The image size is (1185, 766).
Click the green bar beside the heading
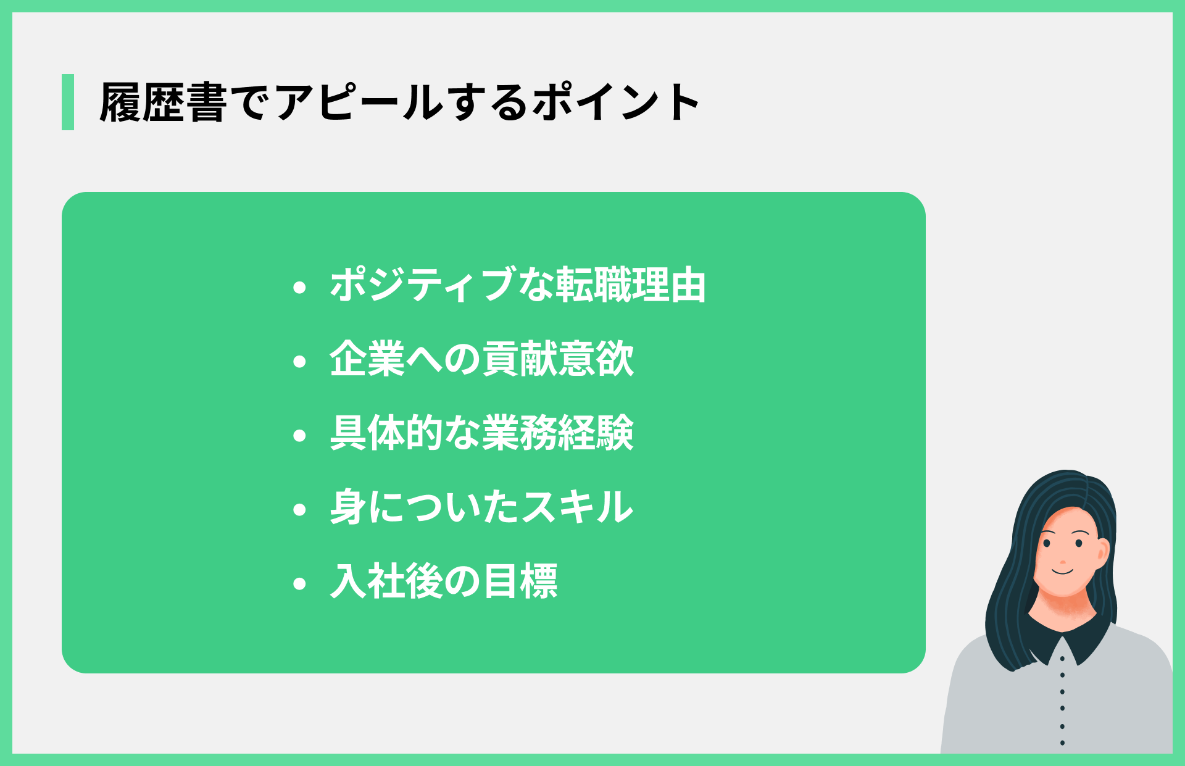[x=68, y=102]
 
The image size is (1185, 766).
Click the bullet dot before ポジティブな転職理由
[x=300, y=287]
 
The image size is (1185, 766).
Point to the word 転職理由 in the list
[x=630, y=285]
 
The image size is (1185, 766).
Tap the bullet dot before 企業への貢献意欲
[x=300, y=361]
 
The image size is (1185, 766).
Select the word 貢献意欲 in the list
[x=558, y=359]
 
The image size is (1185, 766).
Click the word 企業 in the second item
[x=367, y=359]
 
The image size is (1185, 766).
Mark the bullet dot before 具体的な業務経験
[x=300, y=436]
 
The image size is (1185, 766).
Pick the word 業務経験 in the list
[x=558, y=433]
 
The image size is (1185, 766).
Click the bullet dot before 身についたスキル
[x=300, y=510]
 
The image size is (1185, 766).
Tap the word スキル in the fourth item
[x=577, y=507]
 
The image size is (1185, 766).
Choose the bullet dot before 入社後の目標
[x=300, y=584]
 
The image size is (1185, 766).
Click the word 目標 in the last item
[x=520, y=581]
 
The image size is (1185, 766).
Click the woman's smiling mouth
[x=1063, y=572]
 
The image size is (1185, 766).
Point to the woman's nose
[x=1063, y=561]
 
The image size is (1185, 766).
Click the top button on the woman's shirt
[x=1062, y=659]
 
